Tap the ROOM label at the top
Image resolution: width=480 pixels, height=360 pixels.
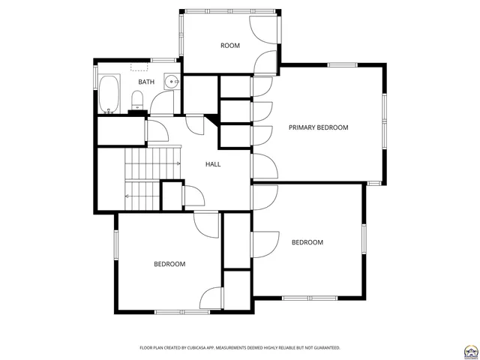(230, 46)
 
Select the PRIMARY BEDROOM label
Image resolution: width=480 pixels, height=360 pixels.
(319, 127)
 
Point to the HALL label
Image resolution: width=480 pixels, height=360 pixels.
(213, 164)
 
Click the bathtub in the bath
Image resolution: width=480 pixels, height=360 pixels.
(109, 94)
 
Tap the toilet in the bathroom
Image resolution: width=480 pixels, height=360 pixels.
(137, 99)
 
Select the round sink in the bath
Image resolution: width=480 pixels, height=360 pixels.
(172, 82)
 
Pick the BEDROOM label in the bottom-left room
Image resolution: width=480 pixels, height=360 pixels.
(169, 264)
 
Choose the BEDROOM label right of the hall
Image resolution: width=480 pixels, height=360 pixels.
(307, 242)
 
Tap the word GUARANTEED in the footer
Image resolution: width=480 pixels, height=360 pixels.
(324, 348)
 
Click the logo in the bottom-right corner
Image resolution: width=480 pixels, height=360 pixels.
(471, 350)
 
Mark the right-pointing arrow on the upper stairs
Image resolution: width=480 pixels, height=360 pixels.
(178, 163)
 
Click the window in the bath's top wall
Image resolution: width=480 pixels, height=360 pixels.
(163, 59)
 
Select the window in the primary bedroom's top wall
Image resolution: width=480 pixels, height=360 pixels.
(343, 65)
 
